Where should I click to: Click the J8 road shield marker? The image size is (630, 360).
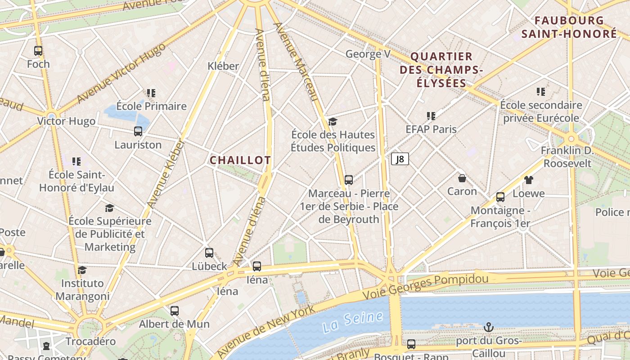pyautogui.click(x=400, y=159)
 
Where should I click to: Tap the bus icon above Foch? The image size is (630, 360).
pyautogui.click(x=38, y=51)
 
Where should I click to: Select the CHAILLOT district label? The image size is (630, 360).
pyautogui.click(x=240, y=160)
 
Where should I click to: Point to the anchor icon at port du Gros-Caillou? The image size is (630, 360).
pyautogui.click(x=488, y=327)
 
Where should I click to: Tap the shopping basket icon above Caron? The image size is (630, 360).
pyautogui.click(x=462, y=178)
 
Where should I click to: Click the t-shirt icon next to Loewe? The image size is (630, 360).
pyautogui.click(x=529, y=180)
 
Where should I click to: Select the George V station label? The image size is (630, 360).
pyautogui.click(x=368, y=54)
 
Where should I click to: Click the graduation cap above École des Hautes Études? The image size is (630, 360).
pyautogui.click(x=333, y=121)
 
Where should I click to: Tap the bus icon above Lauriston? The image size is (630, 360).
pyautogui.click(x=138, y=131)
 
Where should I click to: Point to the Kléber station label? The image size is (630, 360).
pyautogui.click(x=223, y=66)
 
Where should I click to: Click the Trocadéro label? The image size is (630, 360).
pyautogui.click(x=90, y=342)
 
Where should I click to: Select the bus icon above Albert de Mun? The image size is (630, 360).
pyautogui.click(x=175, y=311)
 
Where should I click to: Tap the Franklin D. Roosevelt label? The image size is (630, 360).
pyautogui.click(x=567, y=157)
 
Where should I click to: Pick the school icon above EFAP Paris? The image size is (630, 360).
pyautogui.click(x=431, y=116)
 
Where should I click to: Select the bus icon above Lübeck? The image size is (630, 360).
pyautogui.click(x=209, y=253)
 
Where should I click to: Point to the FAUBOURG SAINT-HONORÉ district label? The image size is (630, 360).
pyautogui.click(x=569, y=27)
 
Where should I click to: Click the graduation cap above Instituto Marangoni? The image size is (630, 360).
pyautogui.click(x=82, y=270)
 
